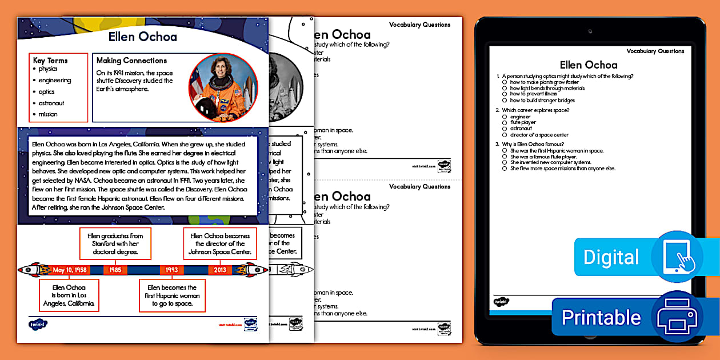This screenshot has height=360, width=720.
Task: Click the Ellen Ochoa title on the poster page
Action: [x=143, y=37]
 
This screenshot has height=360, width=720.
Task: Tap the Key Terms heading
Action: [x=50, y=60]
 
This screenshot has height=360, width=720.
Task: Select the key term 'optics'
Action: [x=47, y=91]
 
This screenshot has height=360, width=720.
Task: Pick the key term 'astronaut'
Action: [x=51, y=103]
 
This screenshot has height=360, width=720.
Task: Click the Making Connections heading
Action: [x=131, y=60]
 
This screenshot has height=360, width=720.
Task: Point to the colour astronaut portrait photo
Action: [x=223, y=87]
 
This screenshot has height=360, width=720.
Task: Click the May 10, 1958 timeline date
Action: [x=70, y=270]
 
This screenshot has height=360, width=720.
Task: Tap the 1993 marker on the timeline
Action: [x=172, y=270]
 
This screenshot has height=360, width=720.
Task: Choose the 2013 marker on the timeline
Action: [x=220, y=270]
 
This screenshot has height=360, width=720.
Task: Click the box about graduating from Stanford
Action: [x=115, y=244]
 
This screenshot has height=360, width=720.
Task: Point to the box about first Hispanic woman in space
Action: [x=172, y=295]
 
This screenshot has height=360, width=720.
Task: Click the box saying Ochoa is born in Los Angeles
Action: [x=69, y=295]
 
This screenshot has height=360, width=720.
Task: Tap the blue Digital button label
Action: [x=611, y=257]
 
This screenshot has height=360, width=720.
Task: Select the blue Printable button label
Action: [x=601, y=317]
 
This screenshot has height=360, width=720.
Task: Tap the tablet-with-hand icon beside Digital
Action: [x=678, y=257]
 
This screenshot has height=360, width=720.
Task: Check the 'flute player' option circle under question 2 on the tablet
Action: [x=505, y=122]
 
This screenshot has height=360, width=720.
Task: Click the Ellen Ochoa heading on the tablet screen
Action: [x=589, y=65]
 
